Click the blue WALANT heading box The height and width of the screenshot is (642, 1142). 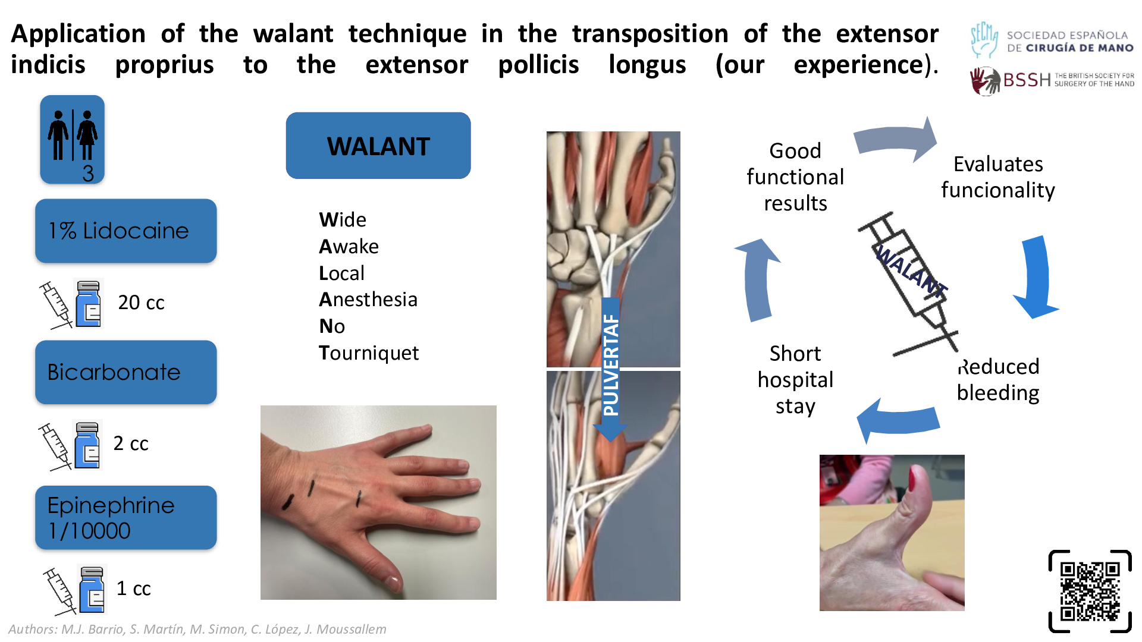(x=378, y=146)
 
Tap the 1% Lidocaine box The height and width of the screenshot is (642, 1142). (x=126, y=231)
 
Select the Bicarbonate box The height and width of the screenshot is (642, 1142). (x=126, y=372)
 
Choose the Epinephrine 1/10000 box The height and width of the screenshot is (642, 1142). (x=126, y=517)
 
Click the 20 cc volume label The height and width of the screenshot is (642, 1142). (x=141, y=303)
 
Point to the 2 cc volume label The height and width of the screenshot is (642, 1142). (x=131, y=443)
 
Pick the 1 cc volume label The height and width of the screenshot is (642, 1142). (x=134, y=588)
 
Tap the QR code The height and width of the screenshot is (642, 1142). (x=1090, y=591)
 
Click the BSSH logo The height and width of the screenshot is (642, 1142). (x=1052, y=80)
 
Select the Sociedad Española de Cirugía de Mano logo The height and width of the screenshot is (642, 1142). (x=1052, y=40)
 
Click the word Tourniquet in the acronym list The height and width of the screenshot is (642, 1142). (x=369, y=353)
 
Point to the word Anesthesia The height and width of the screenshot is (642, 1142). (x=368, y=300)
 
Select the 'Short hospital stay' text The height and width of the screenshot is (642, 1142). (x=795, y=380)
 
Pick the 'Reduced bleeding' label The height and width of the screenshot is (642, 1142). (x=998, y=380)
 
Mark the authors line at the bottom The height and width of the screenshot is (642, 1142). (x=197, y=629)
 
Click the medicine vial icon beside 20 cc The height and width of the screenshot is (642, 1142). (x=89, y=303)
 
